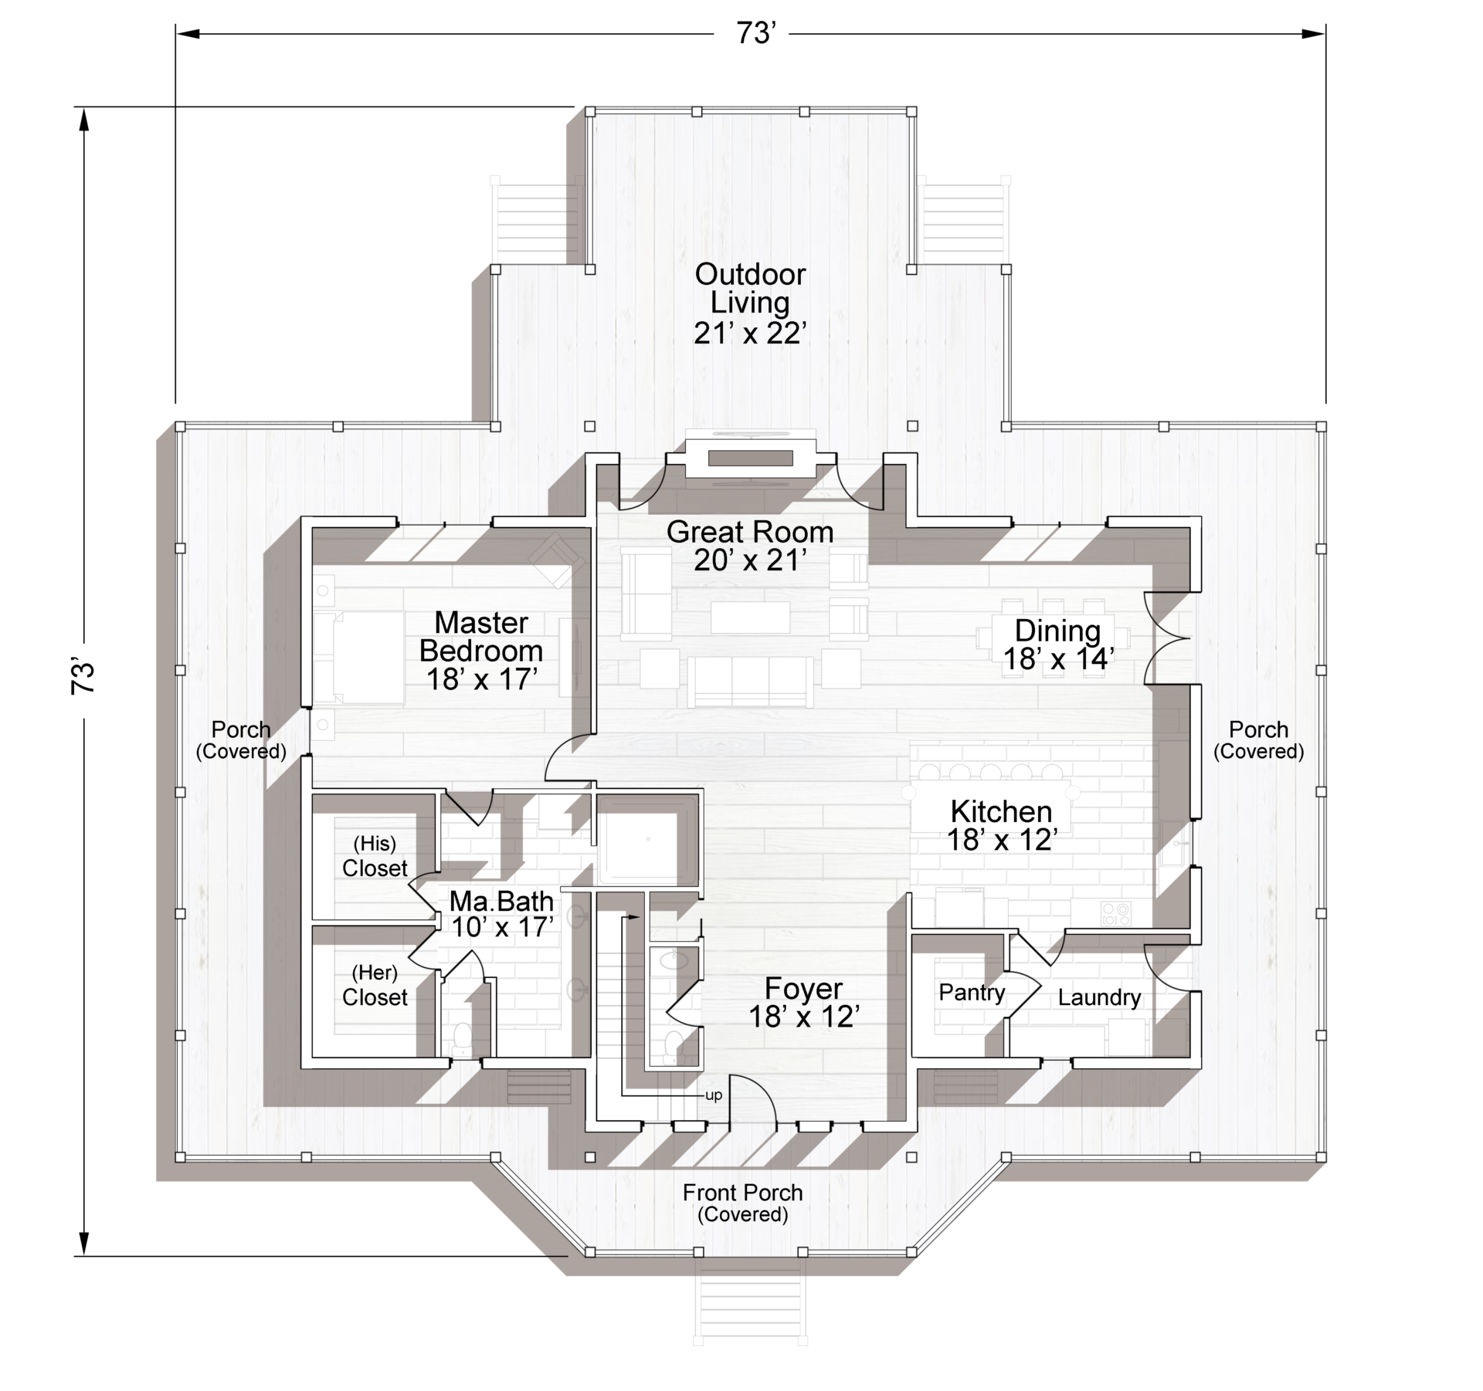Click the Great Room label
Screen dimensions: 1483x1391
750,532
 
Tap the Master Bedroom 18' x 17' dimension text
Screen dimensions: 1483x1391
482,679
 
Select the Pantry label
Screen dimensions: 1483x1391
972,993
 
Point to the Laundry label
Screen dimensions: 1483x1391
1099,997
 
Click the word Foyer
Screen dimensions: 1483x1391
803,989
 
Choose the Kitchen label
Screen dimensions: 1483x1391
1001,811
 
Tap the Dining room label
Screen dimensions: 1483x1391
1057,631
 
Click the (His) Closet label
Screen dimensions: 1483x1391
375,856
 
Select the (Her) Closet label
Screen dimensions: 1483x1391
375,985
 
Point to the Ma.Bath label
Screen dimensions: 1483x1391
501,901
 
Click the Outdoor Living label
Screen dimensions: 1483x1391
750,288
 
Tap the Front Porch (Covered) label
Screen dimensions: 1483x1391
743,1203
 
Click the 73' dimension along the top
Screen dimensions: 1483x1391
755,34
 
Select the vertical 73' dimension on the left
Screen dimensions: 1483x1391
83,677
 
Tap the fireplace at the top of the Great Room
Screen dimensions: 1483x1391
751,459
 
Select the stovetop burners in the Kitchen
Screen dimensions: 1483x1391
1116,914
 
